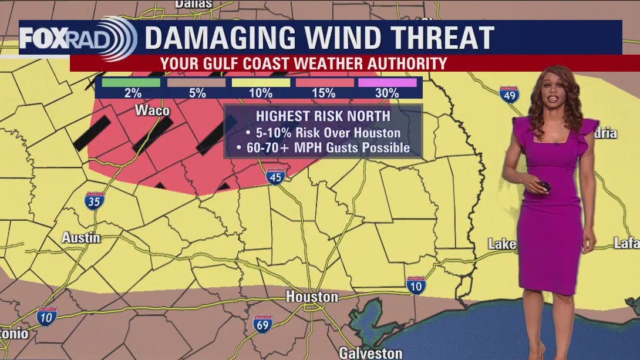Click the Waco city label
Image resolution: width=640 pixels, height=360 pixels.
coord(152,110)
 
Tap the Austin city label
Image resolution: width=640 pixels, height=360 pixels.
coord(81,238)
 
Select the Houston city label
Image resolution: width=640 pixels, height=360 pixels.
coord(312,297)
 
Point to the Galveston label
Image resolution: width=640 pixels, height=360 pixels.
coord(370,353)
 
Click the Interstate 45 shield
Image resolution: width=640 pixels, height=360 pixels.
coord(275,175)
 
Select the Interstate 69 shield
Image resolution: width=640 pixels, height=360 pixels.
coord(262,324)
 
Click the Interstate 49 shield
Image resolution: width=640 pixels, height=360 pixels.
coord(509,95)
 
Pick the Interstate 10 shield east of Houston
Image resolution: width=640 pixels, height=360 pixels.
coord(416,285)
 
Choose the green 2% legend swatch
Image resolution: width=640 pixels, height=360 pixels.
coord(130,82)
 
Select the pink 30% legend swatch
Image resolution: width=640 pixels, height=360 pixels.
coord(387,82)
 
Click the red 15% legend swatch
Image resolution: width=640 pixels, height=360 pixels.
coord(324,82)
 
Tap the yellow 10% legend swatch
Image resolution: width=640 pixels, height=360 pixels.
coord(260,82)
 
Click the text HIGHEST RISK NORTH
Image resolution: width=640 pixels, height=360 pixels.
coord(323,116)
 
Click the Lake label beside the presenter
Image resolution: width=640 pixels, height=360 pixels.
coord(502,244)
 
